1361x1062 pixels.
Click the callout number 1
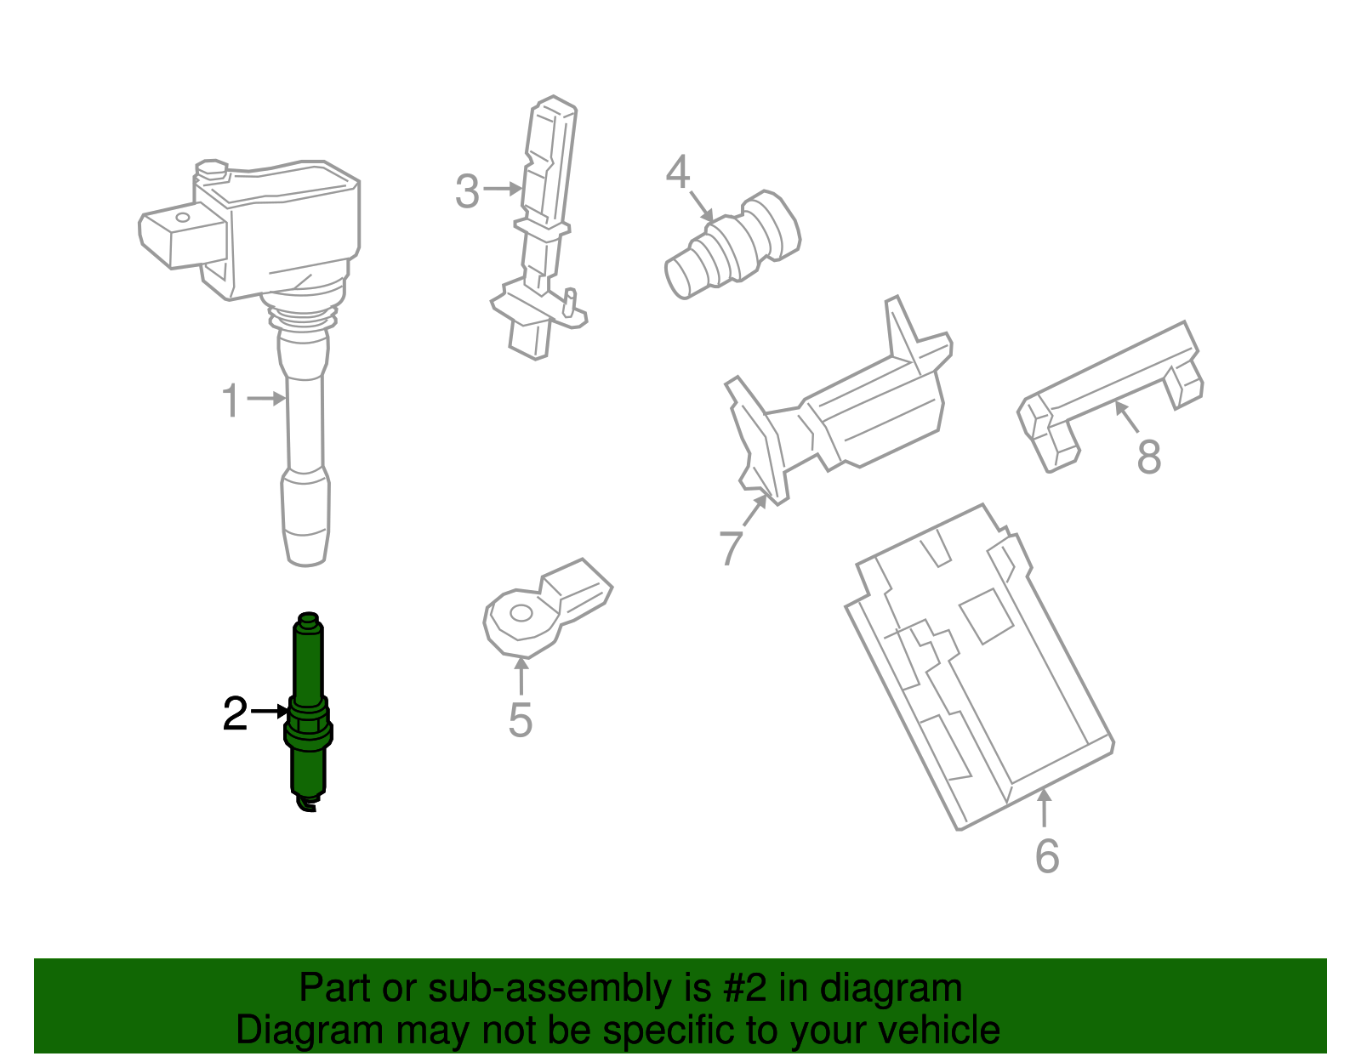(x=230, y=400)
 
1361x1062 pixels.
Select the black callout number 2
(x=235, y=714)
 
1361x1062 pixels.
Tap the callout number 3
(x=467, y=191)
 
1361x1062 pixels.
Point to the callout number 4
(x=677, y=173)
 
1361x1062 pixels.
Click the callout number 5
(x=520, y=719)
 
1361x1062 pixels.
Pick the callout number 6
(x=1047, y=855)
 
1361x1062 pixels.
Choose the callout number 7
(x=731, y=547)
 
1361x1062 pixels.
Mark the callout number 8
(x=1148, y=457)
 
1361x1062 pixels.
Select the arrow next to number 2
(x=271, y=711)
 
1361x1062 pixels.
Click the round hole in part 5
(x=521, y=613)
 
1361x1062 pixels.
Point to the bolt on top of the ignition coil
(x=210, y=168)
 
